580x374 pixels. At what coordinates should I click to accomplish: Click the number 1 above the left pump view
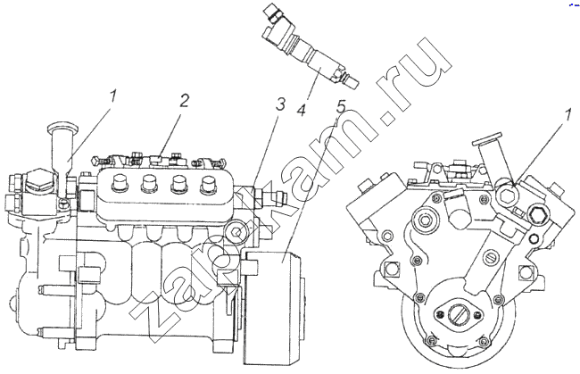coord(112,93)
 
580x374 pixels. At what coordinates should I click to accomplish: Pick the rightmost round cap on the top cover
coord(210,187)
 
